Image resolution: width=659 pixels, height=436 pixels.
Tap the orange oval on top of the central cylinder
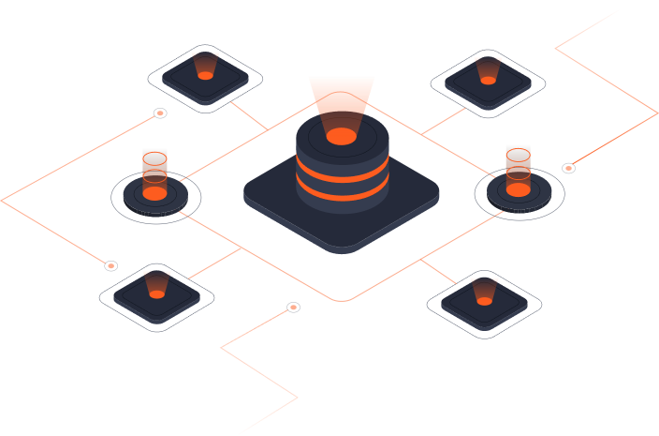click(x=342, y=137)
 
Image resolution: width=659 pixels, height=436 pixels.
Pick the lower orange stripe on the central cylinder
click(x=342, y=193)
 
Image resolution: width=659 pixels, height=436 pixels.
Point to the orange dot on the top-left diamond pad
click(x=205, y=75)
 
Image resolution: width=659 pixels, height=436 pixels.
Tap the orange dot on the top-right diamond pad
click(x=488, y=81)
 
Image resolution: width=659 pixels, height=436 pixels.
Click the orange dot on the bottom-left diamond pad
click(x=156, y=294)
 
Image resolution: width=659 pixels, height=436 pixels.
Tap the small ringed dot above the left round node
click(x=160, y=113)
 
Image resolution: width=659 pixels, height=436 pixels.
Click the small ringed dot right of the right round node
click(x=568, y=169)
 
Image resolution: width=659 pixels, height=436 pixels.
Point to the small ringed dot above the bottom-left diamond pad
click(x=111, y=266)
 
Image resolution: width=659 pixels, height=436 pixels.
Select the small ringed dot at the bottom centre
click(x=293, y=308)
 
